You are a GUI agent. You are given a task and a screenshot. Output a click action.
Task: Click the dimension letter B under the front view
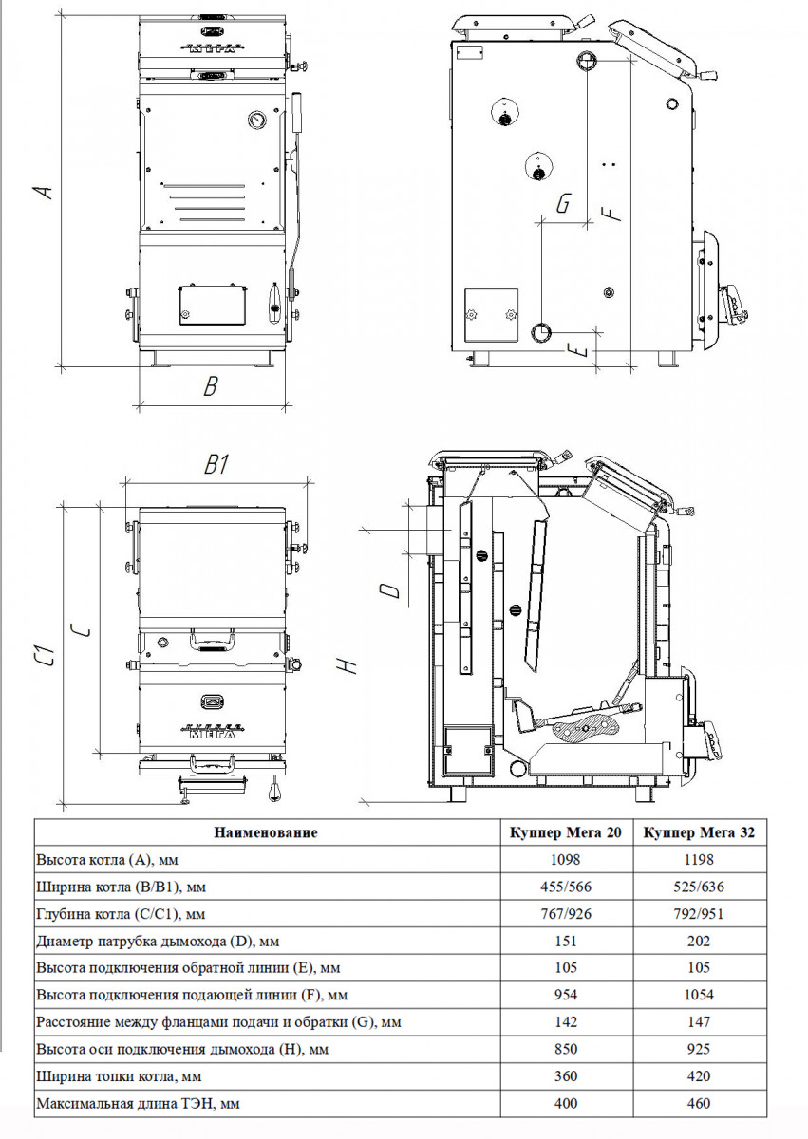tap(212, 386)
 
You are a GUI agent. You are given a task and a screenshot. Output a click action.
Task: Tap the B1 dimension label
tap(217, 465)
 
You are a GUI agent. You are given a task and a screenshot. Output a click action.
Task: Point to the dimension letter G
tap(563, 204)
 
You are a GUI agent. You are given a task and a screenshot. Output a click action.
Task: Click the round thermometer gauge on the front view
tap(255, 121)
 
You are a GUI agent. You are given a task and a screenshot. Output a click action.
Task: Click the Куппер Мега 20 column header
tap(566, 832)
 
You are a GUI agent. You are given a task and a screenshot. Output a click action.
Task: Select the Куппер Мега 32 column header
tap(700, 832)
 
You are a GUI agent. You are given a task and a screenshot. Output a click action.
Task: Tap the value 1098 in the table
tap(566, 860)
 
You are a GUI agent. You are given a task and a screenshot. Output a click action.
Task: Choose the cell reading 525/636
tap(700, 887)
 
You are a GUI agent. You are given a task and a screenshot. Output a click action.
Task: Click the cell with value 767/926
tap(566, 914)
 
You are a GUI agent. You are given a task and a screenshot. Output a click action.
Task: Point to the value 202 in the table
tap(700, 942)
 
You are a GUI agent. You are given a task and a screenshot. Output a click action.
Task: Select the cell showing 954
tap(566, 996)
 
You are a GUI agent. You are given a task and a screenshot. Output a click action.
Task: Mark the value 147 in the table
tap(700, 1023)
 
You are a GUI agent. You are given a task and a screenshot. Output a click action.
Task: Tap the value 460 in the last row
tap(700, 1105)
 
